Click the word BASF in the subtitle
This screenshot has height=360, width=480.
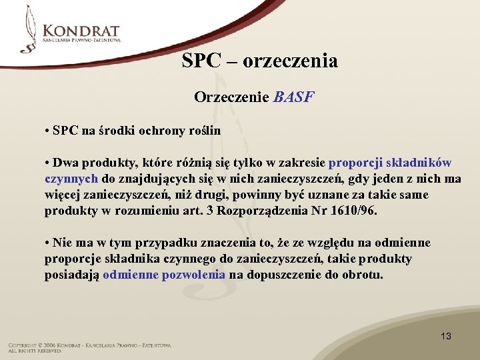tap(293, 97)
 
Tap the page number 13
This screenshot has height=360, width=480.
tap(445, 336)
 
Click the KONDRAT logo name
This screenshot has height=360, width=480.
tap(81, 31)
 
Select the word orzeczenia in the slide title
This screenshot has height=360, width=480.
tap(291, 61)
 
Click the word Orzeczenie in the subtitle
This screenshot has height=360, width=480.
tap(231, 97)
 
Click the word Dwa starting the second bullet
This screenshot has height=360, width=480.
tap(65, 163)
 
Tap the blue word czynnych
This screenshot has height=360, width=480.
tap(71, 179)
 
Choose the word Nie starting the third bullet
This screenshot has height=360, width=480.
tap(63, 243)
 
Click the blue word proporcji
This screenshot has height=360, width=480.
tap(357, 163)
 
